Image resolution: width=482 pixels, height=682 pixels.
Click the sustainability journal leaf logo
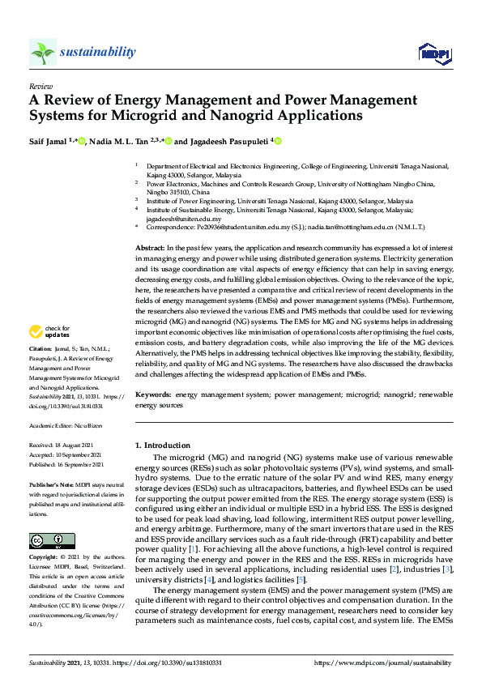[42, 53]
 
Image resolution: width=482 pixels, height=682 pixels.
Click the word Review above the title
[40, 85]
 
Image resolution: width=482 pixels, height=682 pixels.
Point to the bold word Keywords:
[153, 394]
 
